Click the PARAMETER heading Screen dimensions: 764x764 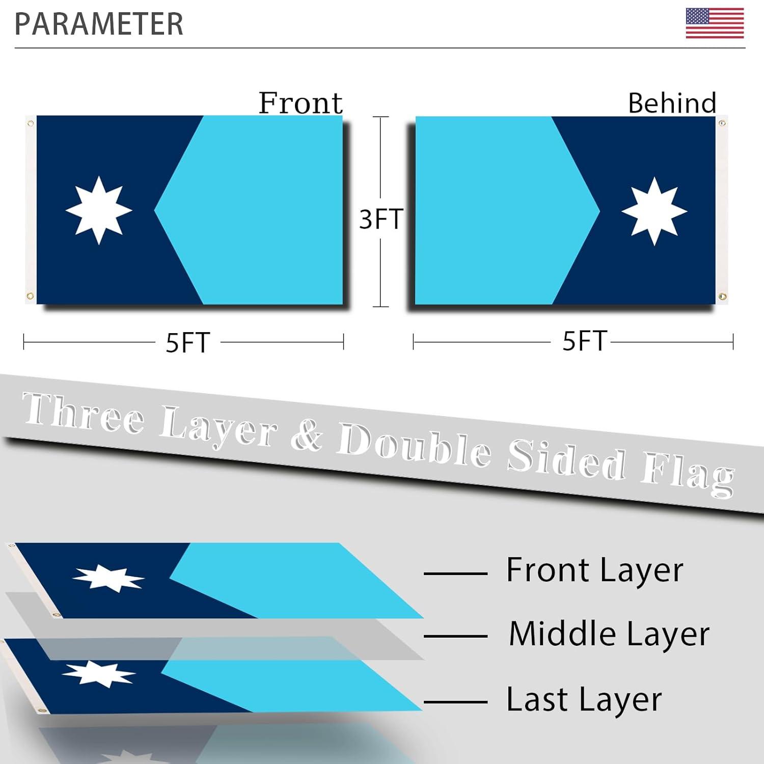pyautogui.click(x=99, y=24)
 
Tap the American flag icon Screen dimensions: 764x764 pyautogui.click(x=715, y=23)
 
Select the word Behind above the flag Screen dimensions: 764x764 pyautogui.click(x=672, y=103)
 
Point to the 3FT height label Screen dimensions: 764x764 pyautogui.click(x=381, y=219)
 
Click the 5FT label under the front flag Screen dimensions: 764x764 pyautogui.click(x=188, y=343)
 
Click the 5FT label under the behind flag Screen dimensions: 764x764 pyautogui.click(x=584, y=341)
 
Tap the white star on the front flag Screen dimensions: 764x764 pyautogui.click(x=99, y=210)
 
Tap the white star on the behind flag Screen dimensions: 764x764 pyautogui.click(x=654, y=211)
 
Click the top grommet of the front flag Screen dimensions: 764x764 pyautogui.click(x=31, y=123)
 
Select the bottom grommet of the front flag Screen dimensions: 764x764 pyautogui.click(x=30, y=296)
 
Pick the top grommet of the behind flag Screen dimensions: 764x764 pyautogui.click(x=722, y=123)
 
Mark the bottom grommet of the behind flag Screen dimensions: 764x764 pyautogui.click(x=722, y=296)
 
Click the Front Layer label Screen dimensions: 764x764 pyautogui.click(x=594, y=570)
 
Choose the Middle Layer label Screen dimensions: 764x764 pyautogui.click(x=609, y=634)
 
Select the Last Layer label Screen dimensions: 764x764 pyautogui.click(x=584, y=699)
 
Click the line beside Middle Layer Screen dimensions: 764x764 pyautogui.click(x=455, y=637)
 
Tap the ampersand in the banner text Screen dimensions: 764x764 pyautogui.click(x=307, y=435)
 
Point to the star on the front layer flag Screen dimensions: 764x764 pyautogui.click(x=108, y=578)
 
